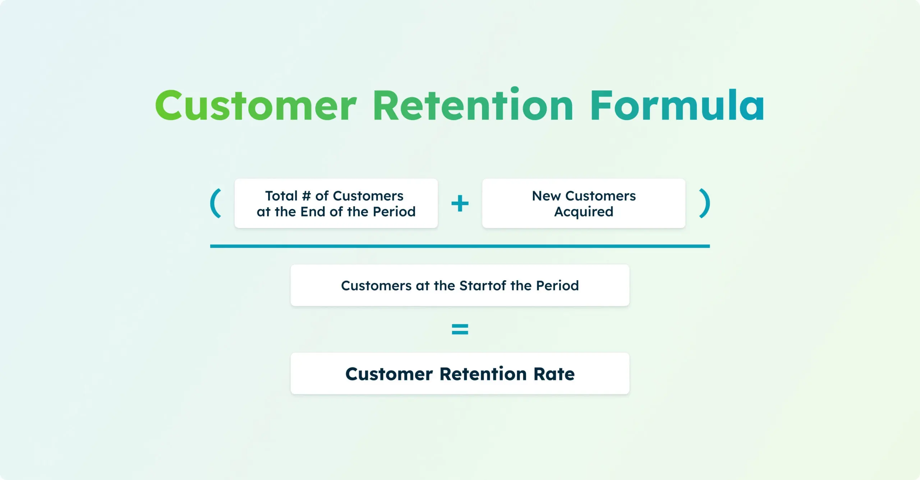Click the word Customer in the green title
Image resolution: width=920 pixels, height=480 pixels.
(256, 106)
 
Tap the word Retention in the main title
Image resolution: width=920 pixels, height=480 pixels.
(473, 104)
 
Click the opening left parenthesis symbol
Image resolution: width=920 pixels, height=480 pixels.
(216, 203)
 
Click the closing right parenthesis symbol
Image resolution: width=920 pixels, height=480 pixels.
(705, 203)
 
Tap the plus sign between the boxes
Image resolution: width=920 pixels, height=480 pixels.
(460, 204)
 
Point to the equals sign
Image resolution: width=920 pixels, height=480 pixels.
(460, 329)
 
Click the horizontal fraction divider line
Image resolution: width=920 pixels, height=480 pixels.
(460, 246)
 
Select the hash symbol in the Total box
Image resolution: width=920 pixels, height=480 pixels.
(306, 196)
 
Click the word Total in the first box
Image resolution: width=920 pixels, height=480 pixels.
(281, 196)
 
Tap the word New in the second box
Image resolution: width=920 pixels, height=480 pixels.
(546, 196)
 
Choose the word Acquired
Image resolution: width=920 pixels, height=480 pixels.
(584, 212)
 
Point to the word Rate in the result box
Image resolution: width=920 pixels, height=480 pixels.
(554, 374)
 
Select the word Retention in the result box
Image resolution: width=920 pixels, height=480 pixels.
(483, 374)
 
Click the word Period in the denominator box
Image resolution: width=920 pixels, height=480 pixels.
(557, 286)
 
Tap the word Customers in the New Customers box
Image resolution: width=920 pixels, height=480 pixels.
(601, 196)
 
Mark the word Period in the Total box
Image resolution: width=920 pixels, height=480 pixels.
(394, 212)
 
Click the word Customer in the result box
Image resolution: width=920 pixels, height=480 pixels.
(389, 374)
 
